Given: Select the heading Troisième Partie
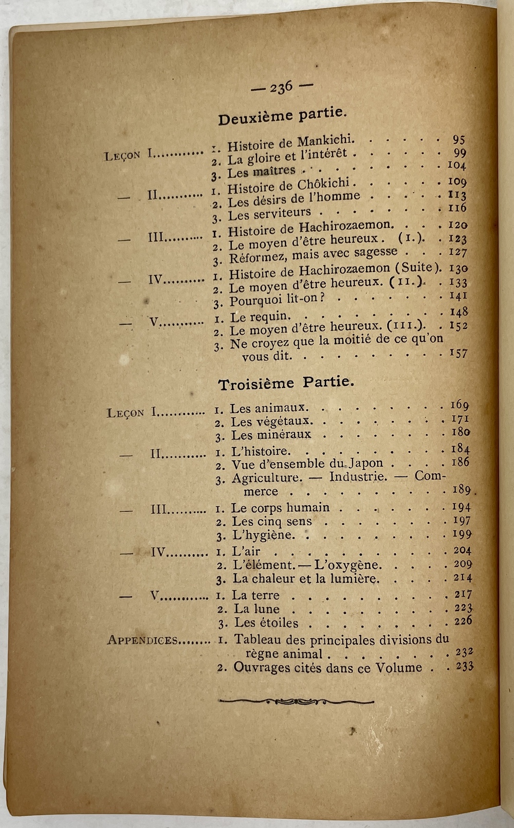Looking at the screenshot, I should click(286, 383).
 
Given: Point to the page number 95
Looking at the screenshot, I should click(458, 139).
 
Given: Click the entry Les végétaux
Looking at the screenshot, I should click(270, 421).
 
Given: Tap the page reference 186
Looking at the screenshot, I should click(460, 462).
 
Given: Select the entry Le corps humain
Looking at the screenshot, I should click(280, 508).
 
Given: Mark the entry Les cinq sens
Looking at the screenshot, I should click(272, 522).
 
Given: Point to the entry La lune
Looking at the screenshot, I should click(257, 609).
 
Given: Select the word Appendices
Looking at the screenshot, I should click(142, 640).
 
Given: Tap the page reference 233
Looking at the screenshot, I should click(464, 667).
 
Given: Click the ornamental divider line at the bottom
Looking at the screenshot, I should click(296, 701).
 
